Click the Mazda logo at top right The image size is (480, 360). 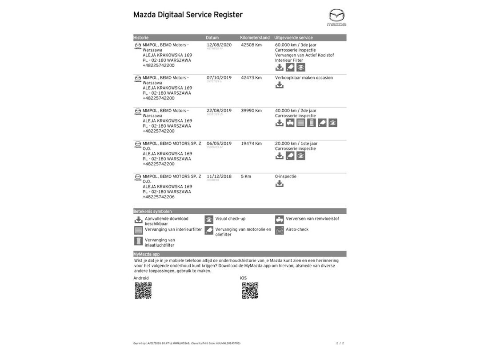point(336,17)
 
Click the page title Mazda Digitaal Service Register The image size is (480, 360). point(188,15)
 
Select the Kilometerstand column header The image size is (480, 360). point(255,38)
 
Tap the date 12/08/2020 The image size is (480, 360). point(219,45)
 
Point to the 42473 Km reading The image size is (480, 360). point(251,78)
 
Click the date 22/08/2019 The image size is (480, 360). point(219,111)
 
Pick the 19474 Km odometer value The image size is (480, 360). point(251,144)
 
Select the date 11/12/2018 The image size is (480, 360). point(219,176)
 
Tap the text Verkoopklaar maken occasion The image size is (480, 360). point(304,78)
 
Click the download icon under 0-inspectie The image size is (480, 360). point(279,184)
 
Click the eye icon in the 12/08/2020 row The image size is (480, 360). point(301,68)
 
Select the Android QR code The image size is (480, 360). point(143,290)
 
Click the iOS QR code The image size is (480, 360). point(250,290)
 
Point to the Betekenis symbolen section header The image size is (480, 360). point(152,211)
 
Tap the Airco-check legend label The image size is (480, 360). point(297,229)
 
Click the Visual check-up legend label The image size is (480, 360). point(230,219)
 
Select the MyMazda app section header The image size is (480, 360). point(146,254)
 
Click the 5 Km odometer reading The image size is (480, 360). point(246,176)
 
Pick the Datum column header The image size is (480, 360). point(212,38)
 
